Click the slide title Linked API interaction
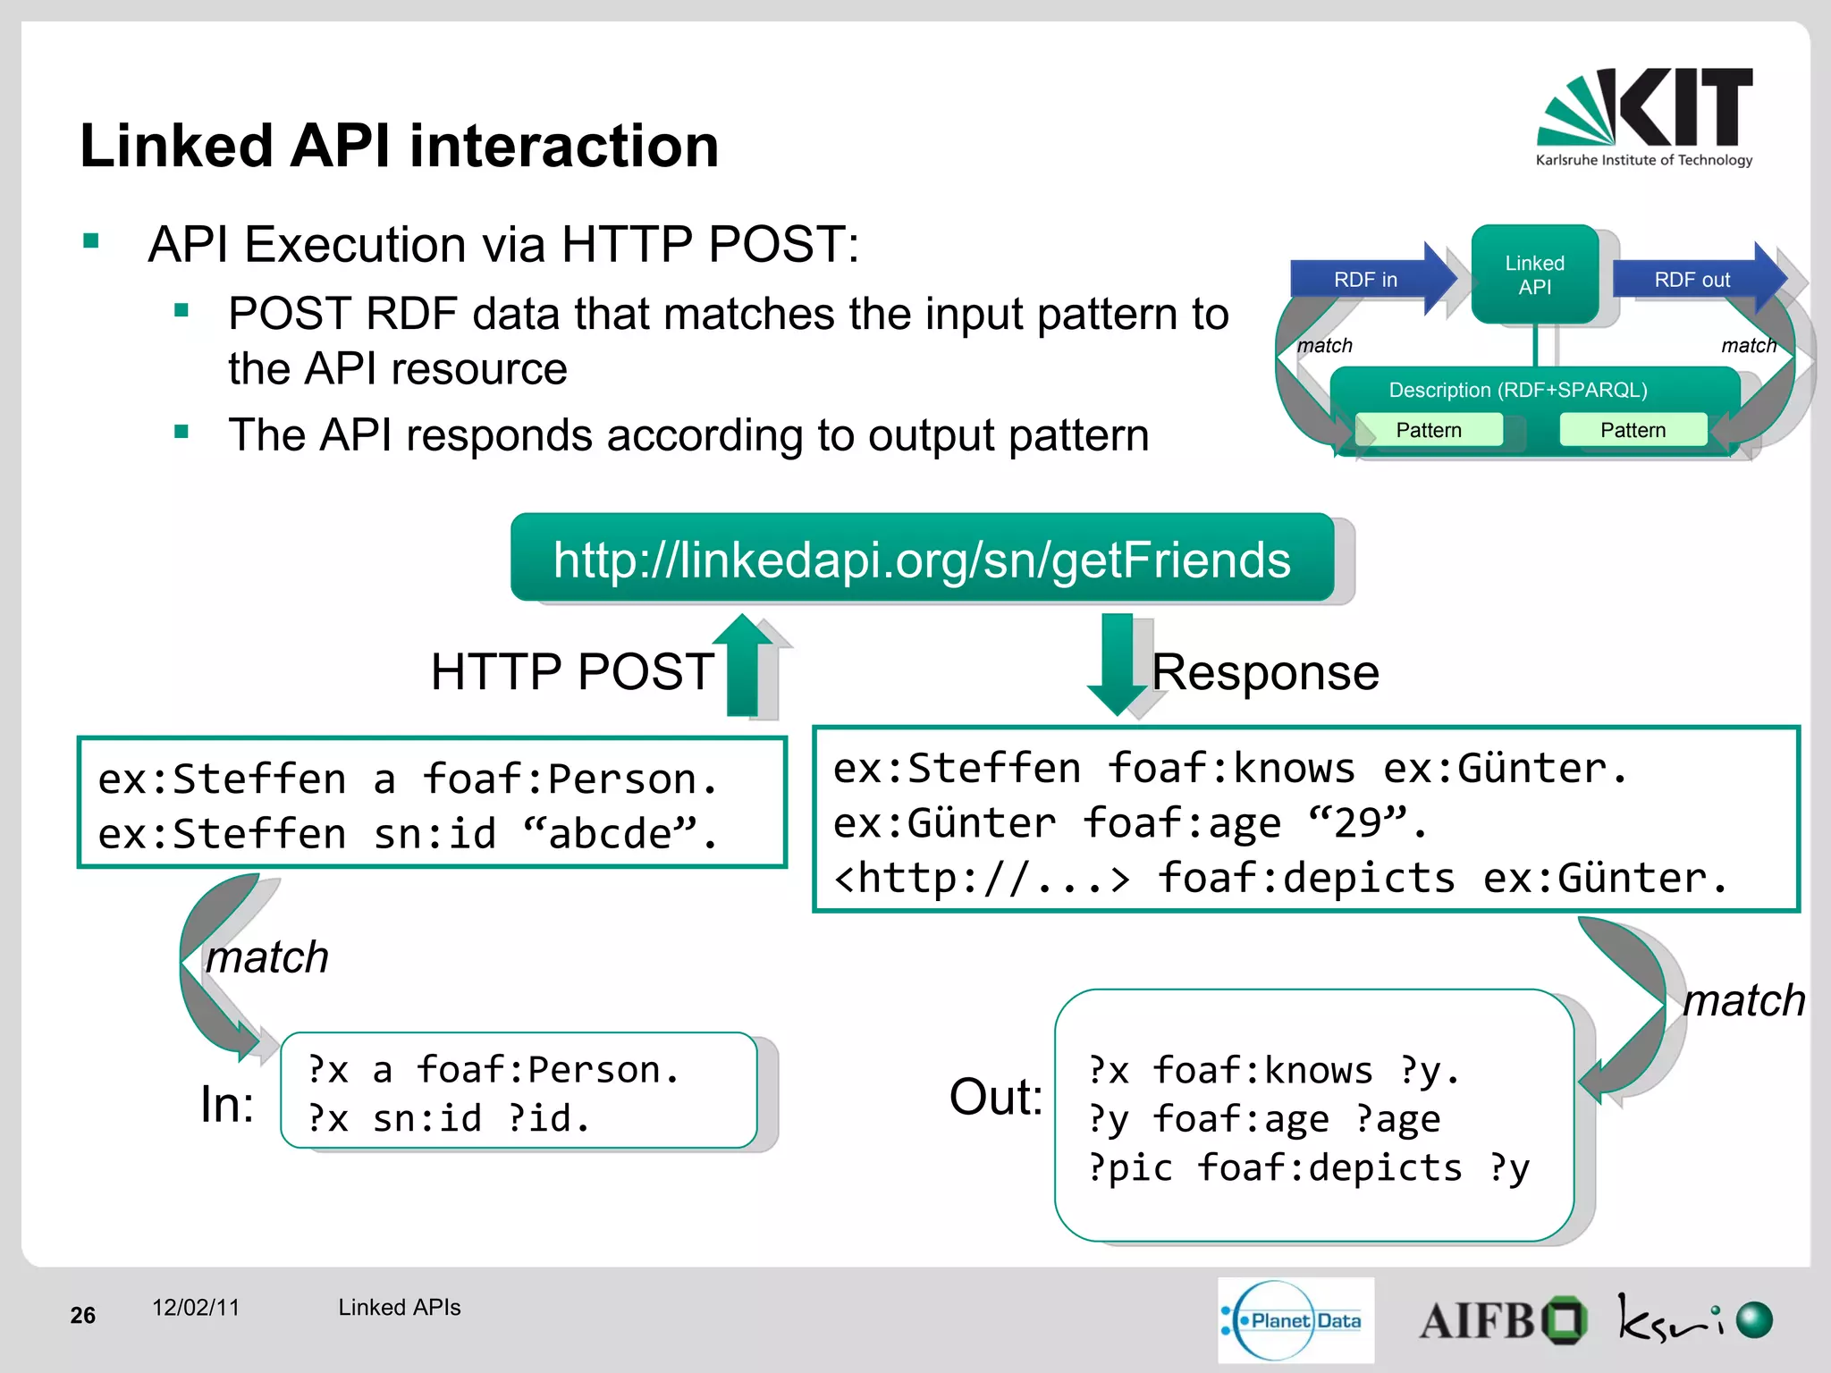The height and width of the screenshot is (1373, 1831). coord(399,146)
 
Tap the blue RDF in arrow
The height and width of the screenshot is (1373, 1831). coord(1368,280)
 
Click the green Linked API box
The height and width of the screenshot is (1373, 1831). coord(1534,275)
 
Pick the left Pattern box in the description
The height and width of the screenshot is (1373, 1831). coord(1428,430)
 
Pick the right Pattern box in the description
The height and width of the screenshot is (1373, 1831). coord(1633,430)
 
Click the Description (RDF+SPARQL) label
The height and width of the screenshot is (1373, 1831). coord(1517,390)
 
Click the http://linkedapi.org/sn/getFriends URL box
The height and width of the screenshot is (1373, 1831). coord(922,559)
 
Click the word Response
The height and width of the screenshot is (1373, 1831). coord(1265,672)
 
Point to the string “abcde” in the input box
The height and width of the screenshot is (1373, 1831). coord(610,834)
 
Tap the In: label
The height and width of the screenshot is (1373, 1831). coord(227,1104)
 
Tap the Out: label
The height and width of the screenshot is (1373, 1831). coord(995,1097)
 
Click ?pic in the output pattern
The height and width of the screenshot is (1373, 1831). coord(1130,1168)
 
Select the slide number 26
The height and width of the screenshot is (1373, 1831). coord(82,1315)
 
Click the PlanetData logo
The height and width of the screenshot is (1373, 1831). coord(1295,1320)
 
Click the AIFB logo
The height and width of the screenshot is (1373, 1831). coord(1502,1320)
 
